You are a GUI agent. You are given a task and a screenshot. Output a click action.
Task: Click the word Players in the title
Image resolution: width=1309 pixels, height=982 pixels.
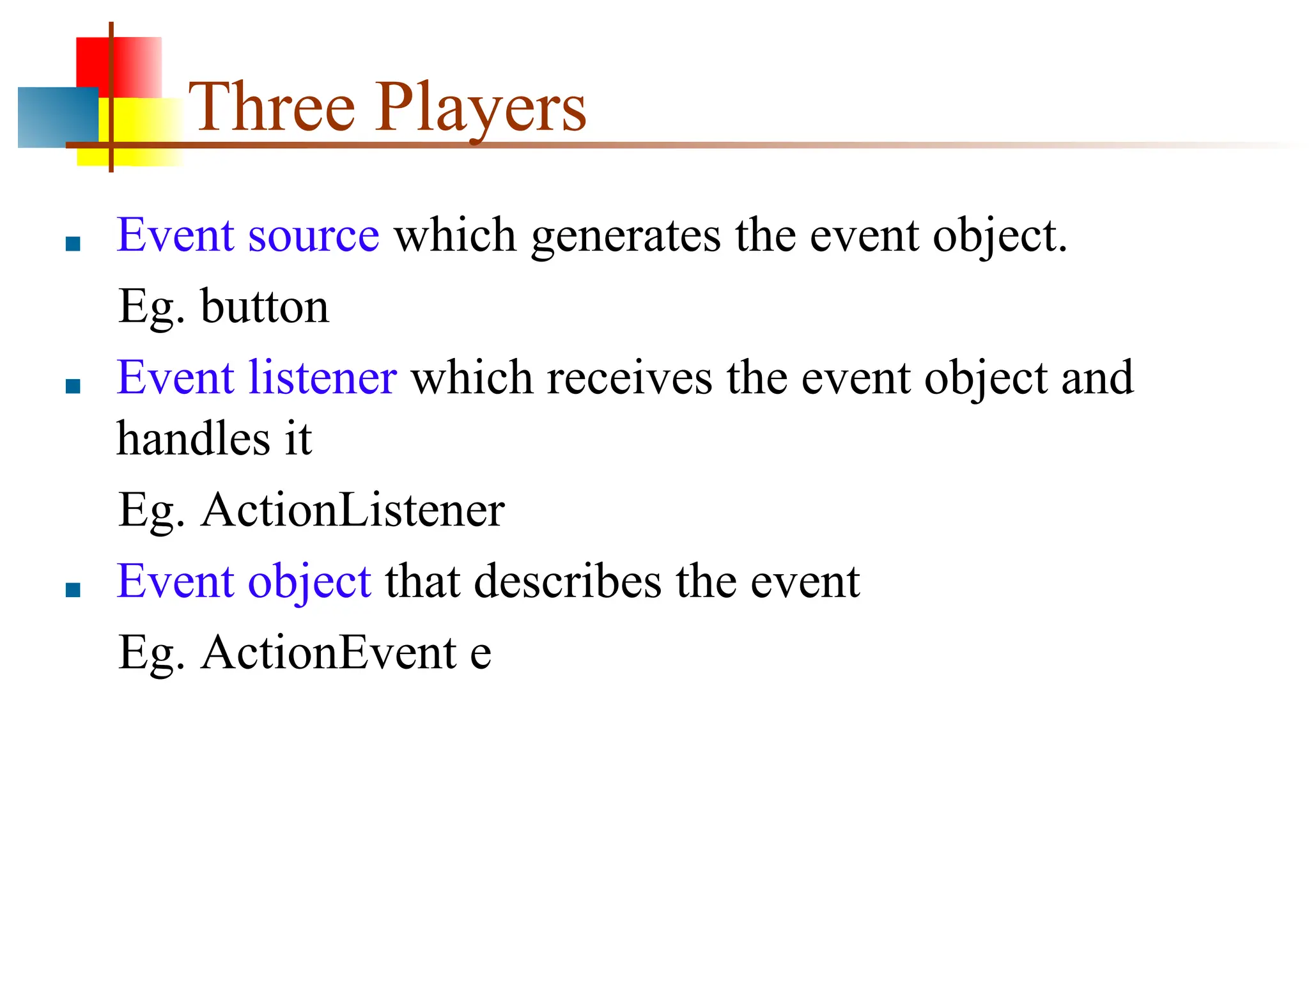point(481,109)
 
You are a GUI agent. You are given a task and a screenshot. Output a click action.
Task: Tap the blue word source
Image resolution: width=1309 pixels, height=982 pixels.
point(313,235)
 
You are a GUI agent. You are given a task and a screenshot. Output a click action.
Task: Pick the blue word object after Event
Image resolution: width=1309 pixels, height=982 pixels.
point(309,582)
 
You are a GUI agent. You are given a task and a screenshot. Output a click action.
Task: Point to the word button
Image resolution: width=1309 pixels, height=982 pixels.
point(265,307)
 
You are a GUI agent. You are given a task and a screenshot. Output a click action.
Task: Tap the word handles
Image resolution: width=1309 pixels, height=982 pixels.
point(194,439)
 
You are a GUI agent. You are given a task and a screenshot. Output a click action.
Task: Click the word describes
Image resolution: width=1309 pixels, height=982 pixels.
point(568,581)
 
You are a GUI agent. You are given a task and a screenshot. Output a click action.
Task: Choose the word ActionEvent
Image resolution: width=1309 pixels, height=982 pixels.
point(329,653)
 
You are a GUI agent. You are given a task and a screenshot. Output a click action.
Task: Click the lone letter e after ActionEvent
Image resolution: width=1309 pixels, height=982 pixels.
point(481,654)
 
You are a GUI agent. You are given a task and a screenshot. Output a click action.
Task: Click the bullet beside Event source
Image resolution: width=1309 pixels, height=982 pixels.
point(73,244)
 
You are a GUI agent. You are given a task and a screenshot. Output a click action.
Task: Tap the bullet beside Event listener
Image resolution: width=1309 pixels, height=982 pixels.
point(73,386)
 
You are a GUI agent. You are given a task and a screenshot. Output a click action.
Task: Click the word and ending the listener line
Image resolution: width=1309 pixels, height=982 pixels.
point(1097,378)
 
